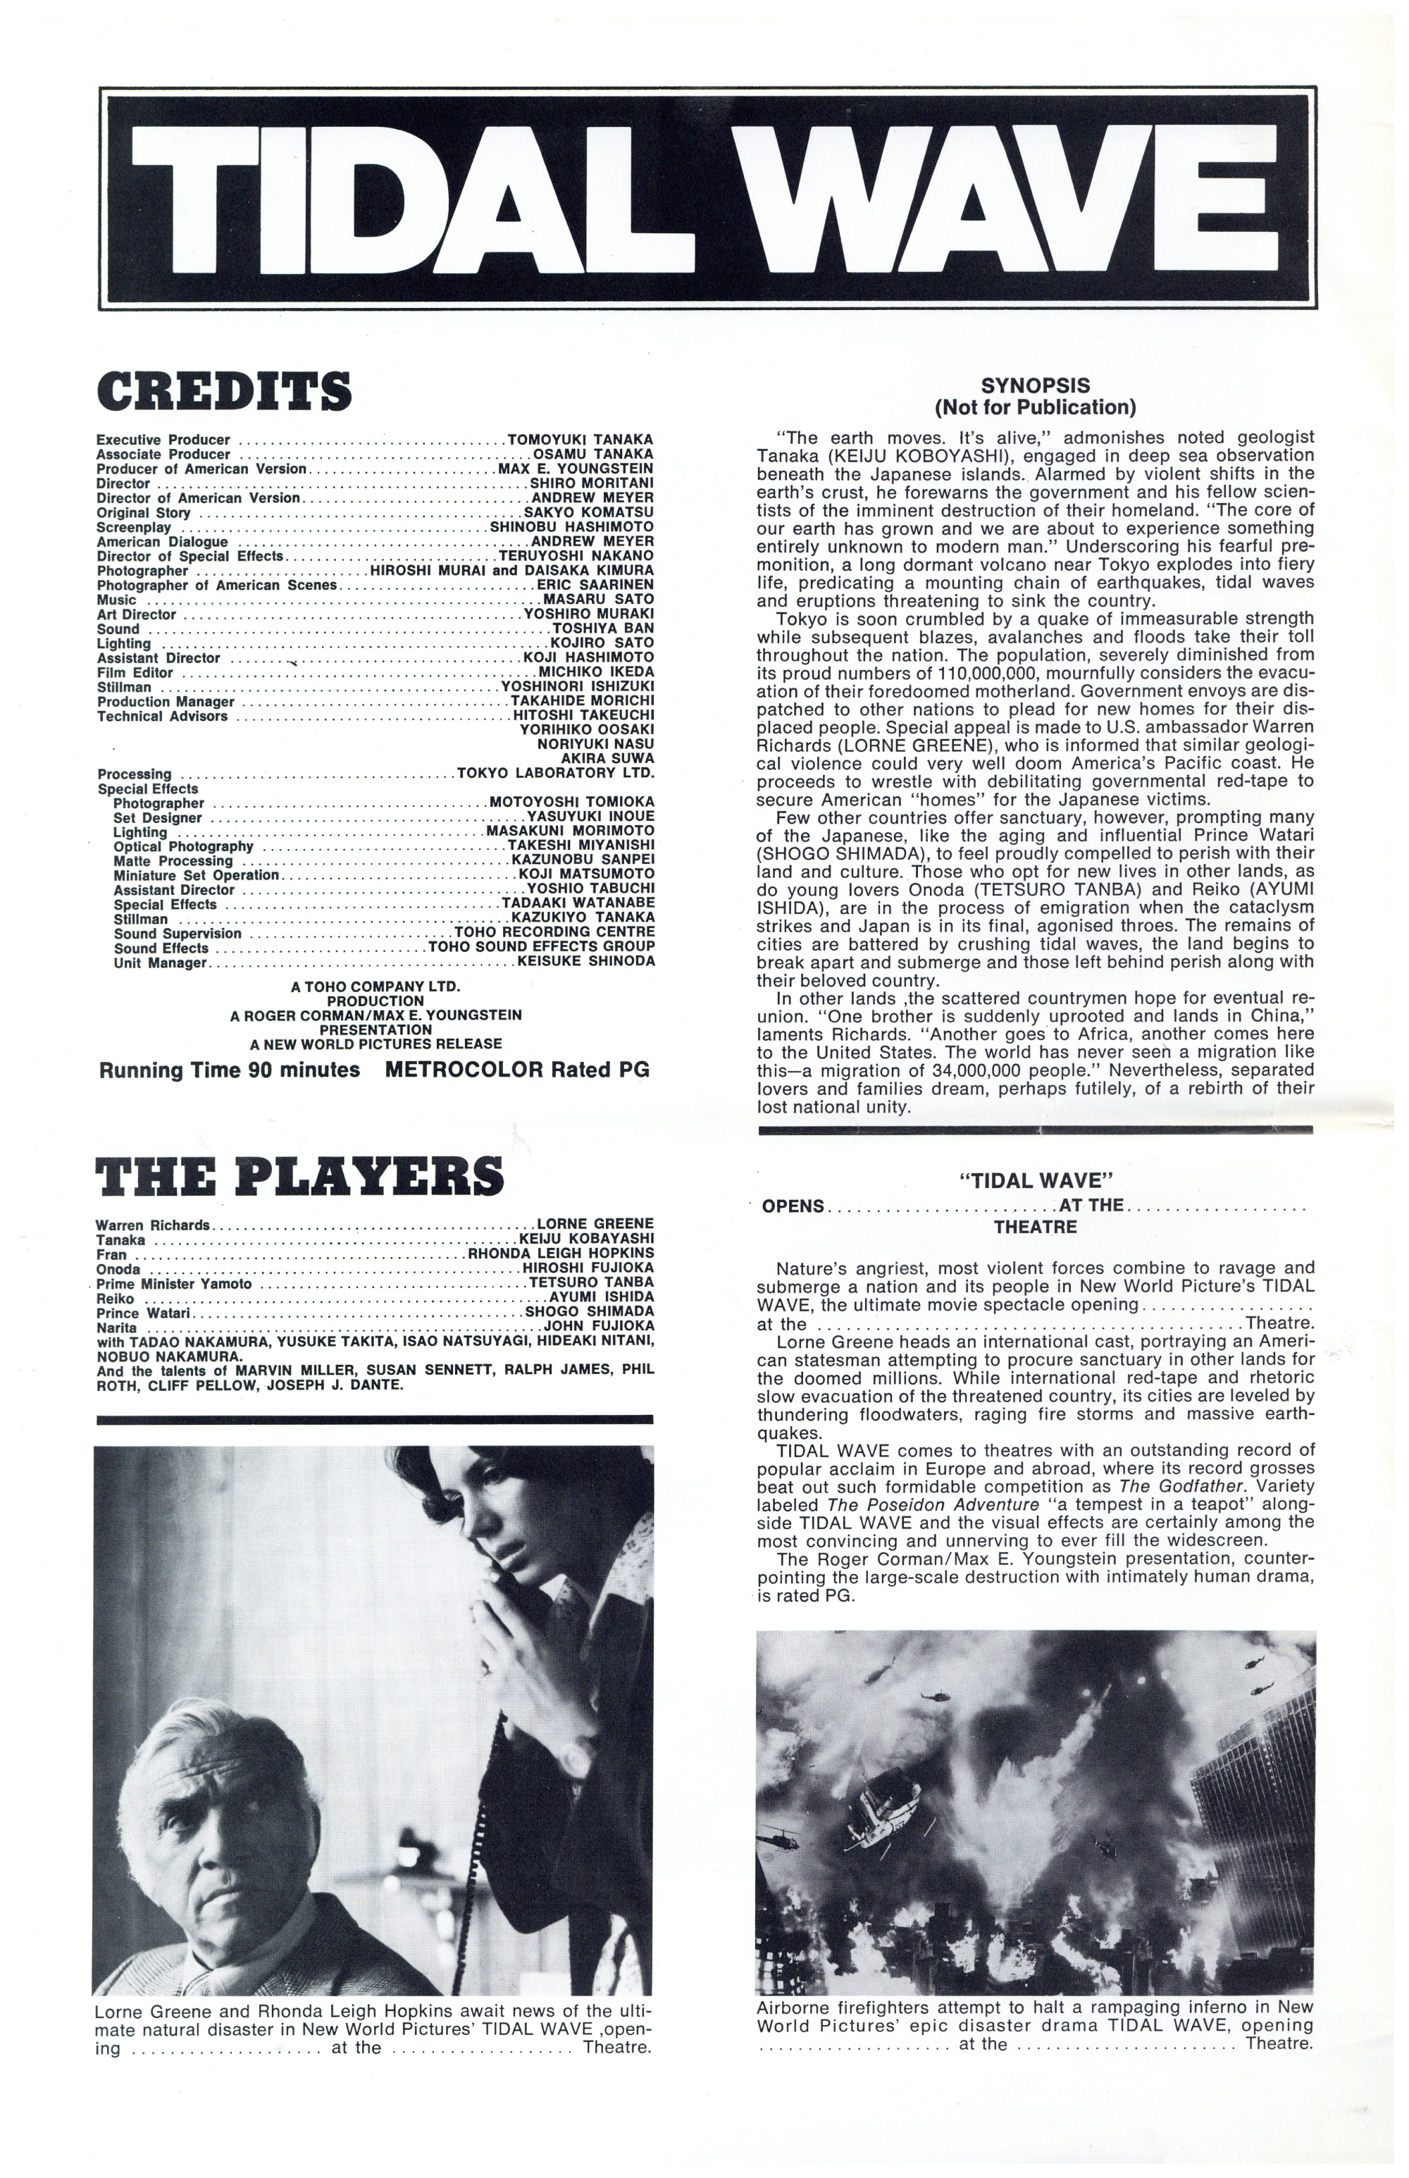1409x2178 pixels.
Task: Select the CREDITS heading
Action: click(224, 391)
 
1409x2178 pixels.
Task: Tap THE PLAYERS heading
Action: click(299, 1176)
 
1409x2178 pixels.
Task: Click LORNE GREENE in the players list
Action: click(595, 1223)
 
